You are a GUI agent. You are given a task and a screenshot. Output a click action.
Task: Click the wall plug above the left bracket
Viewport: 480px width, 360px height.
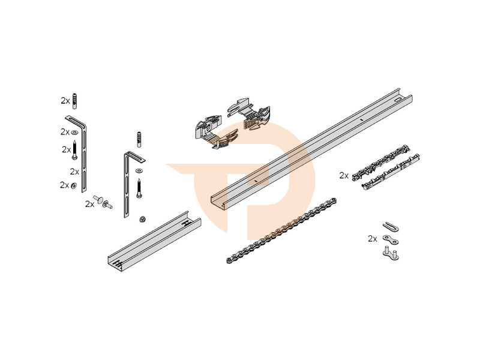tap(75, 100)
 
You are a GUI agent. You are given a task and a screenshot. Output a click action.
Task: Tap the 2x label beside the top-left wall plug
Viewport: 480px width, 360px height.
tap(65, 101)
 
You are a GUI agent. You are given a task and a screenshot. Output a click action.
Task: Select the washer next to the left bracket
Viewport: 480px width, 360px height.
tap(75, 131)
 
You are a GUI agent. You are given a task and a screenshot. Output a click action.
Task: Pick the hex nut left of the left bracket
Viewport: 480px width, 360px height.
tap(73, 185)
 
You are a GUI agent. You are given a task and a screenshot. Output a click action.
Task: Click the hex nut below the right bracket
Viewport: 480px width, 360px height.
tap(142, 219)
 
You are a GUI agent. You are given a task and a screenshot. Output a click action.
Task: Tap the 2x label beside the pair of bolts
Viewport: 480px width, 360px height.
tap(89, 204)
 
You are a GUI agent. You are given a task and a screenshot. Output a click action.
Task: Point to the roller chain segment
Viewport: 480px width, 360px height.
tap(280, 231)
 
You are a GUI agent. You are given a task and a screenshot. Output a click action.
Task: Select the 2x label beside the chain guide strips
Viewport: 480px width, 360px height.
tap(344, 176)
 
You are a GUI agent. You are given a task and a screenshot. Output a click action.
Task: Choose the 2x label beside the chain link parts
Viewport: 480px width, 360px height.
tap(373, 238)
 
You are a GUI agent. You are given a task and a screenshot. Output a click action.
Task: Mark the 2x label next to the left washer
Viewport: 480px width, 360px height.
tap(65, 131)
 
